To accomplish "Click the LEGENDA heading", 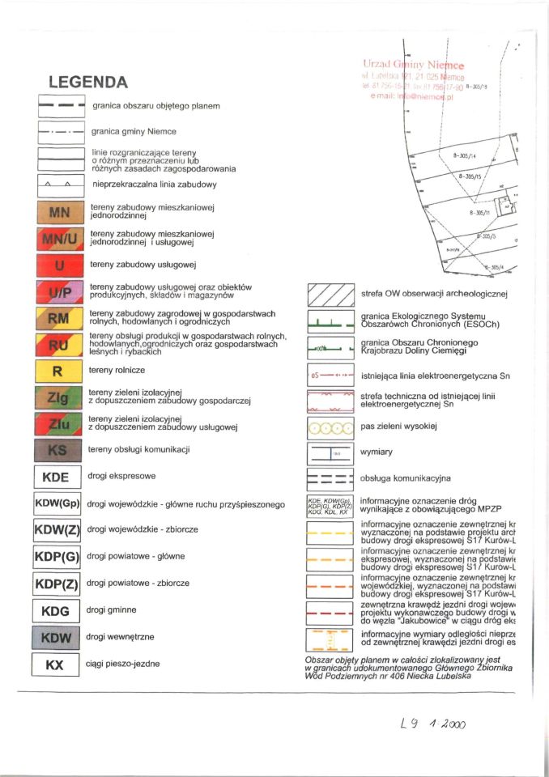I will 88,82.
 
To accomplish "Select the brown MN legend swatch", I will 58,212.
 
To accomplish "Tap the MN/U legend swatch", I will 58,238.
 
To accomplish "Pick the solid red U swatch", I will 58,265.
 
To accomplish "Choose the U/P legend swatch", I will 58,291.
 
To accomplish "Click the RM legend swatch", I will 58,318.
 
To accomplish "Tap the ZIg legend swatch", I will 58,397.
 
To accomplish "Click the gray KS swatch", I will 58,450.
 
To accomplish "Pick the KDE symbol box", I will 56,477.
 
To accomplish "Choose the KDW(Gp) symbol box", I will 57,504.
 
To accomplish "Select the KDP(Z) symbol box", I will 57,584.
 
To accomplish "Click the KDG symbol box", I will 56,610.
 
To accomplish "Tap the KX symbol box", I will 56,664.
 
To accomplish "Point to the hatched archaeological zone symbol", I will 331,295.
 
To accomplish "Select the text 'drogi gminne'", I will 110,609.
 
